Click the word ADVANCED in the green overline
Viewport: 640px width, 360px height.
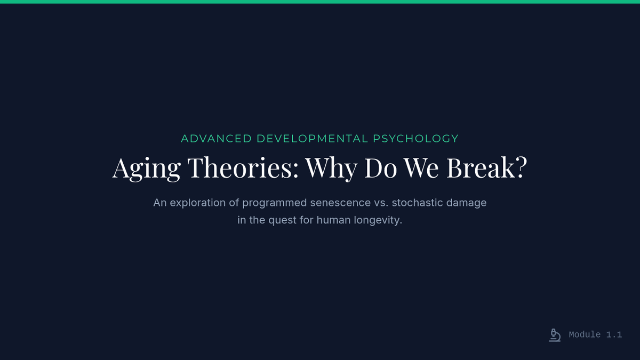click(x=217, y=139)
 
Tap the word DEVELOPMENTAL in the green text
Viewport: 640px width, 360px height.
click(x=313, y=139)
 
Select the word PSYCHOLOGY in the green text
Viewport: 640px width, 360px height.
click(x=415, y=139)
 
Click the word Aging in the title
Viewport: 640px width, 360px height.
click(x=146, y=169)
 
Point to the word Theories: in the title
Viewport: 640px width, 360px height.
click(x=243, y=167)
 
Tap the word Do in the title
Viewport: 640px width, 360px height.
click(x=381, y=168)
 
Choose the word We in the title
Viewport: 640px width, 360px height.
click(x=421, y=168)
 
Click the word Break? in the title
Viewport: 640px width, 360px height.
click(x=487, y=167)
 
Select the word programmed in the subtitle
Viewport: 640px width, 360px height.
click(x=274, y=203)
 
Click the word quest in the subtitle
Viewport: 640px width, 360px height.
click(x=282, y=221)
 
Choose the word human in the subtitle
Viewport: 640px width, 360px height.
click(x=333, y=220)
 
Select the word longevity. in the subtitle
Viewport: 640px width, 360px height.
click(x=378, y=221)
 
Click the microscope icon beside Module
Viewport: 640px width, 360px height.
click(x=555, y=335)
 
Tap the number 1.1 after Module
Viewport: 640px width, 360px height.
click(x=614, y=334)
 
